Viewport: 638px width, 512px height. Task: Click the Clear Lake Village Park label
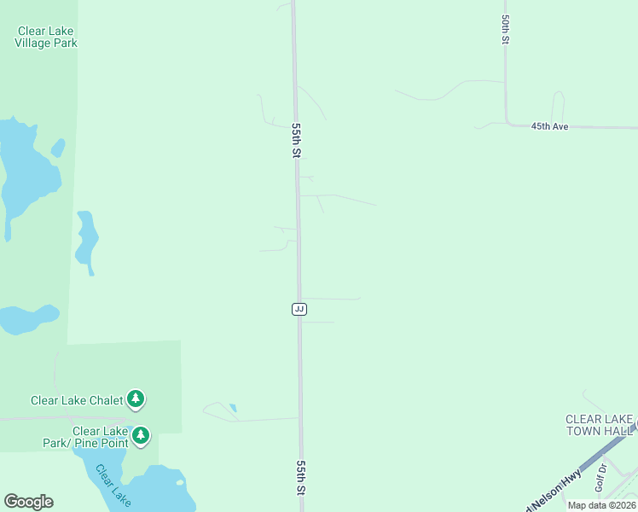tap(46, 37)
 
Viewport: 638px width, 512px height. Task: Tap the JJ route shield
tap(299, 308)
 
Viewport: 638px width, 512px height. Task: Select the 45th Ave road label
tap(549, 125)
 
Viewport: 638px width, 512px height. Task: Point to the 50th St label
tap(506, 29)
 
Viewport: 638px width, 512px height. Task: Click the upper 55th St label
tap(297, 140)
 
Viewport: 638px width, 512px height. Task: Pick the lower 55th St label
tap(301, 478)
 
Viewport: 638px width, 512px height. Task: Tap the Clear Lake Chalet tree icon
tap(135, 399)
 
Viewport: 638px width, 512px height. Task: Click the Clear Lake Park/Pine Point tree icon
tap(141, 436)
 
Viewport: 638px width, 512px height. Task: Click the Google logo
tap(28, 502)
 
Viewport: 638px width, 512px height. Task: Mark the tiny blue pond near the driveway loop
tap(233, 408)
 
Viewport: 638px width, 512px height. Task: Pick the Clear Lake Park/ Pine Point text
tap(86, 437)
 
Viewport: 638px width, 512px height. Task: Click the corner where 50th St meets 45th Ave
tap(507, 123)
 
